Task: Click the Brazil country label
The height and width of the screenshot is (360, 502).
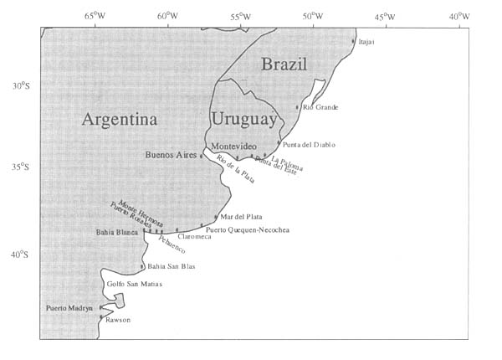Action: point(284,64)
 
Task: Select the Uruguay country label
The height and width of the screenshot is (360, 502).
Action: point(243,119)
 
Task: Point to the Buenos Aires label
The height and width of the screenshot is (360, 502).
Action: point(171,155)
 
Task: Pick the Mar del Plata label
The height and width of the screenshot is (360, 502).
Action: point(241,216)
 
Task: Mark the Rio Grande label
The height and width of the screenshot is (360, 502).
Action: point(320,106)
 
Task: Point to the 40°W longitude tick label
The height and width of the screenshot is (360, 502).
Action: point(458,16)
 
